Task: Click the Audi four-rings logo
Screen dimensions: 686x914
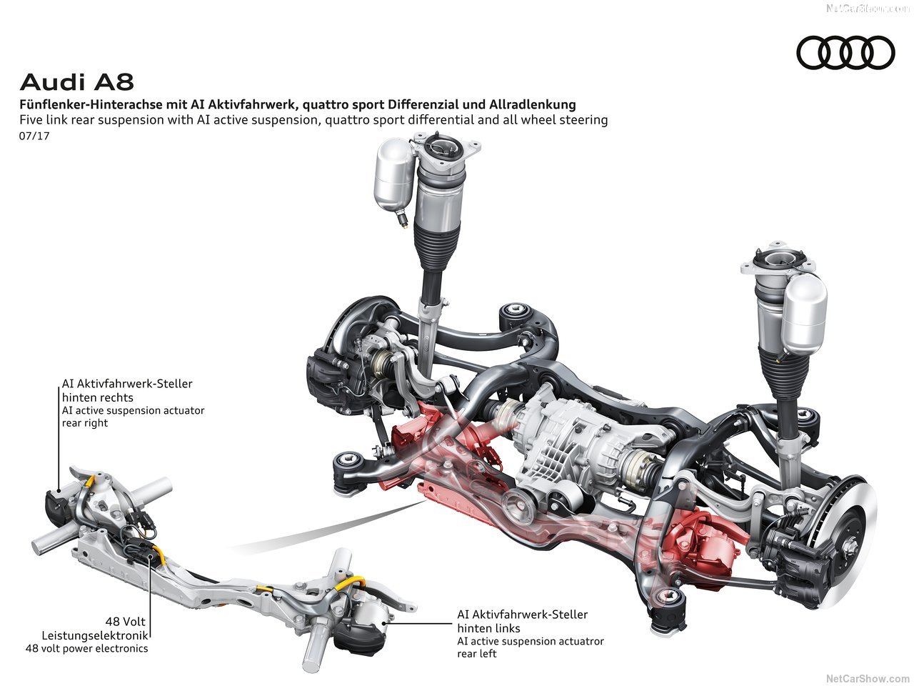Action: (845, 53)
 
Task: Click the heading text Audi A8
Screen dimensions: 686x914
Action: (76, 81)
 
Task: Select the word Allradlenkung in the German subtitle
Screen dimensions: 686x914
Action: (532, 104)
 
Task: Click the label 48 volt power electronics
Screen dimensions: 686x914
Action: (86, 648)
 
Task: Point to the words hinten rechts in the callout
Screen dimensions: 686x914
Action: (97, 397)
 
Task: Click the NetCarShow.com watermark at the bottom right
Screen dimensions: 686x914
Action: (867, 678)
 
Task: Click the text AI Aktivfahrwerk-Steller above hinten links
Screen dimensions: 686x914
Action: (522, 615)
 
